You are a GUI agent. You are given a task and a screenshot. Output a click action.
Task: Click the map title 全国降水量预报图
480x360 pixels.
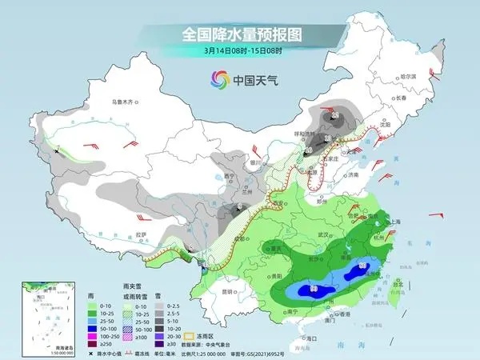240,35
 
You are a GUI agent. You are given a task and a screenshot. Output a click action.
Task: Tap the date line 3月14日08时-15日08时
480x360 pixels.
240,51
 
